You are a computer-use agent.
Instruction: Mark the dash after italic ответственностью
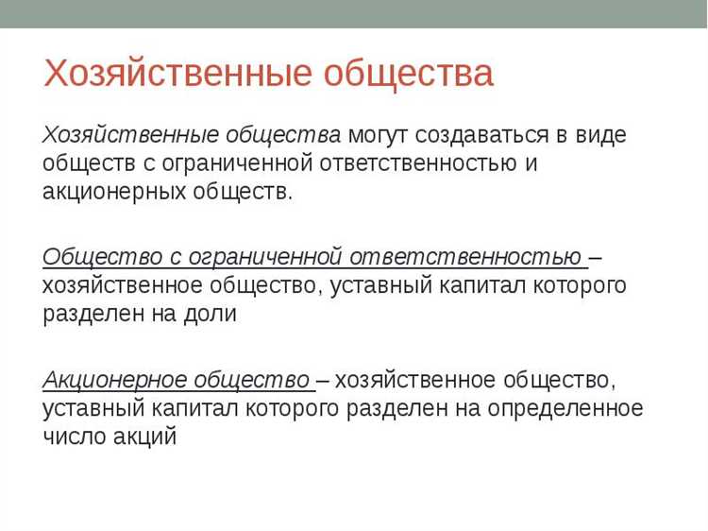coord(596,256)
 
